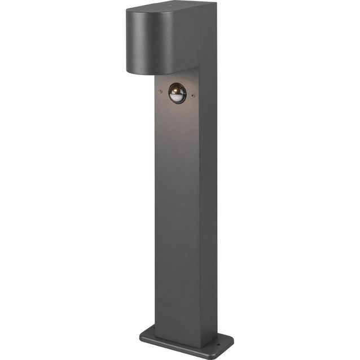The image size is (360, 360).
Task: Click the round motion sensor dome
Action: point(177,93)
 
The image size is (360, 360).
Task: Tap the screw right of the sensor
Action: point(194,95)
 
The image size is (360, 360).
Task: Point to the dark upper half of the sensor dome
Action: point(177,89)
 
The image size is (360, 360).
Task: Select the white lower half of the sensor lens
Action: point(177,99)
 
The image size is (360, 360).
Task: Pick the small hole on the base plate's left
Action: point(148,330)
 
